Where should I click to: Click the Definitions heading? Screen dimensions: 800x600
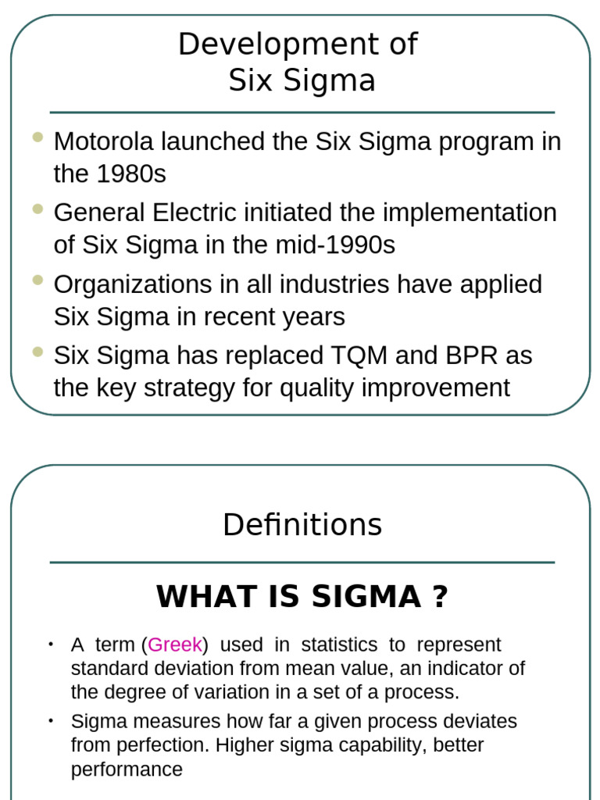coord(302,524)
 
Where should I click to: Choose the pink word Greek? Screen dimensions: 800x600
coord(175,645)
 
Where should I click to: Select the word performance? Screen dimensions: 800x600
coord(127,770)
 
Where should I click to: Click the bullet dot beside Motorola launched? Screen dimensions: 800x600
coord(37,138)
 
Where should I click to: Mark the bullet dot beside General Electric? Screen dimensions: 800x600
coord(37,209)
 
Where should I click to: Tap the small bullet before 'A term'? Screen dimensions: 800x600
coord(51,645)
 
